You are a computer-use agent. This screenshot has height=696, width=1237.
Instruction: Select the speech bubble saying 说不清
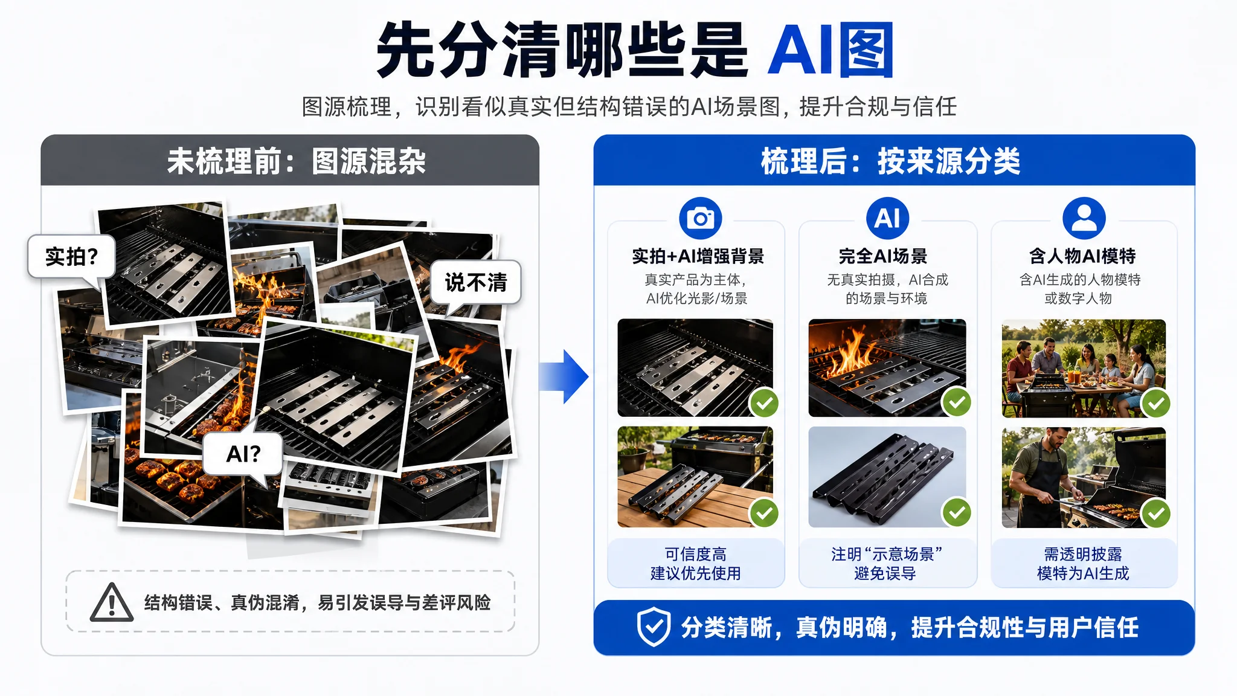tap(475, 283)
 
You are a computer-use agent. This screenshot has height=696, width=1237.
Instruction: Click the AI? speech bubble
tap(243, 454)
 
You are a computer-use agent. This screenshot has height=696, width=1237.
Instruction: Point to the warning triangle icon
tap(112, 603)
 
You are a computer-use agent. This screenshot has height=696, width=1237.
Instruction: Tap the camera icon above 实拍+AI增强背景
tap(701, 218)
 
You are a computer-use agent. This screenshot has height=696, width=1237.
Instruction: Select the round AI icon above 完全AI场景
tap(887, 218)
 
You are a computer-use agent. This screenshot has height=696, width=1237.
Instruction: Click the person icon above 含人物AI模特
tap(1084, 218)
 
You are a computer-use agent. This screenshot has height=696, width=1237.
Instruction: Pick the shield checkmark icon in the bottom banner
tap(654, 627)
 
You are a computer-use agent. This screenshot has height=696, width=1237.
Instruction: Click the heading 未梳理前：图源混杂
tap(296, 161)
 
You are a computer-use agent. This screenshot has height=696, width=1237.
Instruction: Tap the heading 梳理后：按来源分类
tap(890, 161)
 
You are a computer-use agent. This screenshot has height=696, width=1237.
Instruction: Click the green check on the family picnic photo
tap(1156, 404)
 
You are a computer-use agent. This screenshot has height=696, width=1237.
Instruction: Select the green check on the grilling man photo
tap(1156, 514)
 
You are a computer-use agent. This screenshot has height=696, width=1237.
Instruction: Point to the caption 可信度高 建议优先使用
tap(696, 564)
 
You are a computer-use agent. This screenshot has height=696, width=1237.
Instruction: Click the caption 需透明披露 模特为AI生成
tap(1083, 564)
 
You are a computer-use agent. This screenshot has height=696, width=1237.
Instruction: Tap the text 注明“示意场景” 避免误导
tap(886, 564)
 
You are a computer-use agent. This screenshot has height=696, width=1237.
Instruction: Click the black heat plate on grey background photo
tap(887, 477)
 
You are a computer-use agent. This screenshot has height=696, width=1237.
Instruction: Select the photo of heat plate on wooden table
tap(695, 477)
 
